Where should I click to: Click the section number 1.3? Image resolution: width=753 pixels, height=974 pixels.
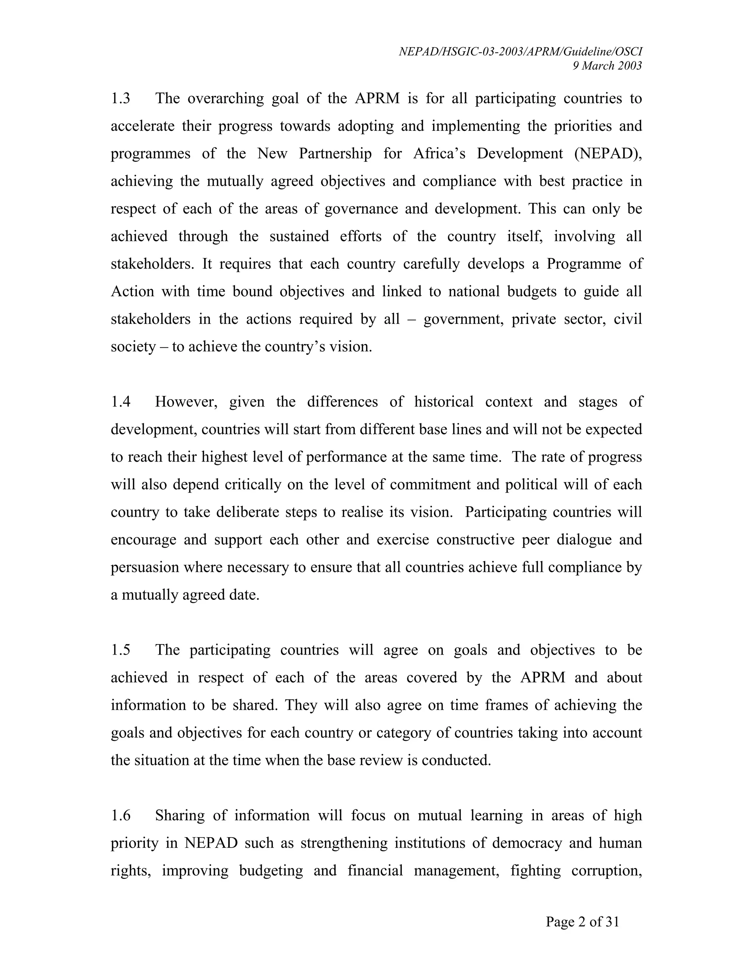[121, 99]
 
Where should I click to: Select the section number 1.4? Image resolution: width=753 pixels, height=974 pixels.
[121, 402]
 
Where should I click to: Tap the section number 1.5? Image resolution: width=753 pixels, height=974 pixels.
[121, 650]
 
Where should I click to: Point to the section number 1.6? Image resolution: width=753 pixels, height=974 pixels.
[121, 815]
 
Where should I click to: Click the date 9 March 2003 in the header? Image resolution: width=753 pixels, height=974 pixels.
[607, 66]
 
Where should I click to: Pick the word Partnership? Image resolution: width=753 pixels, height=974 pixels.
[335, 153]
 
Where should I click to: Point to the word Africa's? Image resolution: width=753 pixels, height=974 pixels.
[439, 153]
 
